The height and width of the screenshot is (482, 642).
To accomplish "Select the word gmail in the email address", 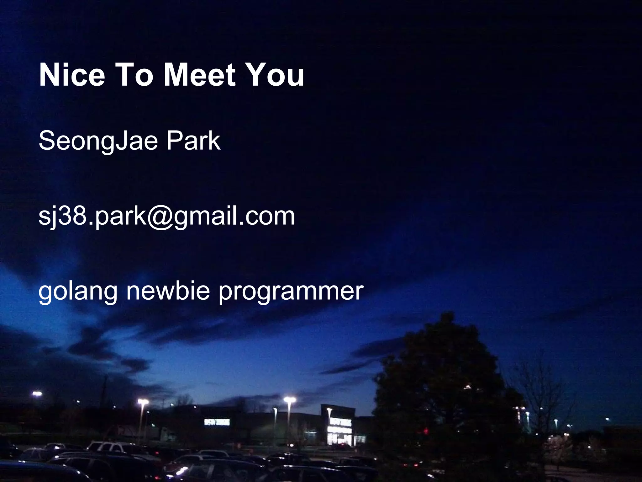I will click(204, 217).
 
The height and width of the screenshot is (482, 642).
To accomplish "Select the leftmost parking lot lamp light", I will click(37, 393).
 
